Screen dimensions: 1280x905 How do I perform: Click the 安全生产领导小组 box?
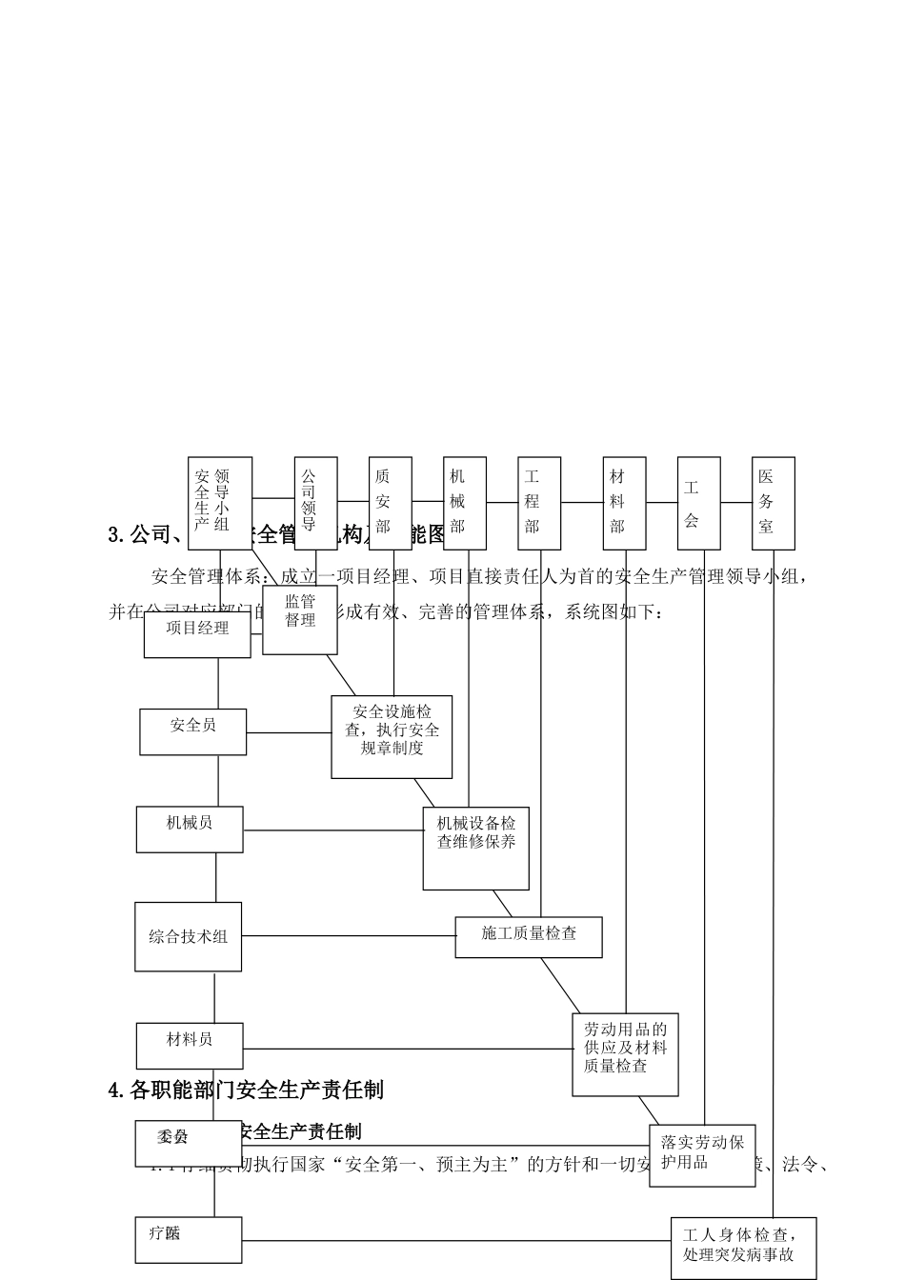pyautogui.click(x=220, y=503)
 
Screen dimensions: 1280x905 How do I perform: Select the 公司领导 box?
pyautogui.click(x=315, y=503)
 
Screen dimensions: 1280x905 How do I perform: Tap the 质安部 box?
pyautogui.click(x=391, y=503)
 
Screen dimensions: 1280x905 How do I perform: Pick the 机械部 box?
pyautogui.click(x=465, y=503)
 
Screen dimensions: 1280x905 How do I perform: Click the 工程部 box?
pyautogui.click(x=540, y=503)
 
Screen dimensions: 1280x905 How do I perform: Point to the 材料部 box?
pyautogui.click(x=625, y=503)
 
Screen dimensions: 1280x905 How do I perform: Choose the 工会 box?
pyautogui.click(x=699, y=503)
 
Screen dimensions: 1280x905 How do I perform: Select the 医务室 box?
pyautogui.click(x=774, y=503)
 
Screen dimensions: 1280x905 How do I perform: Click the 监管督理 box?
pyautogui.click(x=300, y=620)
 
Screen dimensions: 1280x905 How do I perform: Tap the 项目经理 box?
pyautogui.click(x=197, y=634)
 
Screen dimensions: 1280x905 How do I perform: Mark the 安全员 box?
pyautogui.click(x=193, y=731)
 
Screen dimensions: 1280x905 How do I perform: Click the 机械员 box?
pyautogui.click(x=190, y=830)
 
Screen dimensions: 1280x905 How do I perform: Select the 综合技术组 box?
pyautogui.click(x=189, y=937)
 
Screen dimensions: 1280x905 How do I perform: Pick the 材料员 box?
pyautogui.click(x=190, y=1047)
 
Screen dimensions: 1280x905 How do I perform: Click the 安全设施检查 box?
pyautogui.click(x=392, y=736)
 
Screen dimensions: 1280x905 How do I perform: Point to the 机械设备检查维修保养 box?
pyautogui.click(x=475, y=849)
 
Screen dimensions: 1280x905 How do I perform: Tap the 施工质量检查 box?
pyautogui.click(x=529, y=937)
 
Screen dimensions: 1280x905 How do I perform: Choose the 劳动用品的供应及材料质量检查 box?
pyautogui.click(x=625, y=1054)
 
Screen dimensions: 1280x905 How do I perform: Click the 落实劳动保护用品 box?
pyautogui.click(x=702, y=1154)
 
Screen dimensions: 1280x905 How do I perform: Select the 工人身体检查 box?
pyautogui.click(x=743, y=1247)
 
